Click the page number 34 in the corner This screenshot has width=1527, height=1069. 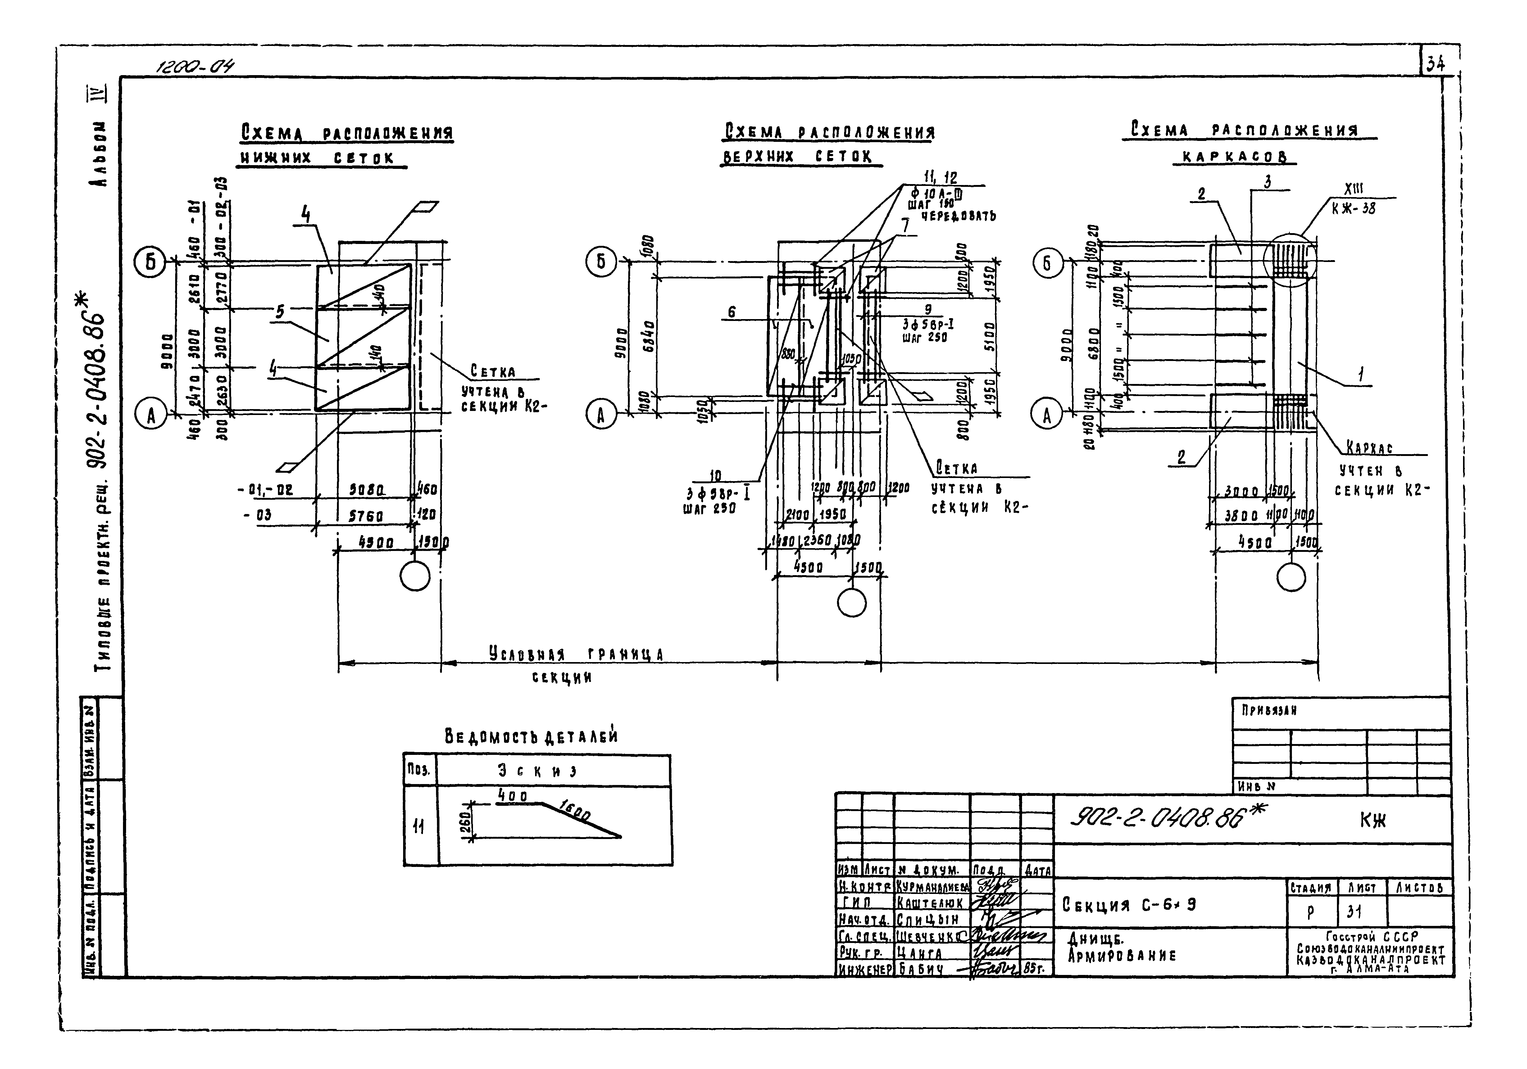pos(1434,64)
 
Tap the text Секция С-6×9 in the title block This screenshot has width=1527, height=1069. pos(1129,905)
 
